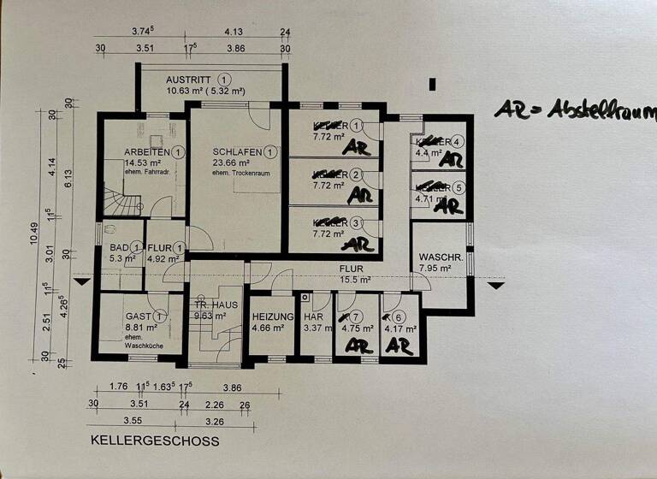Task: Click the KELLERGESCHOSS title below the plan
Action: (x=154, y=441)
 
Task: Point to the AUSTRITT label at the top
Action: (x=189, y=77)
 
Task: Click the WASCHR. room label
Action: (x=441, y=257)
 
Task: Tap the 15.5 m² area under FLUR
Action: (x=354, y=280)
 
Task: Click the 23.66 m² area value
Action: (x=230, y=163)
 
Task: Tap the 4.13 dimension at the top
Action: (x=234, y=32)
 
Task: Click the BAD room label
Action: (x=119, y=248)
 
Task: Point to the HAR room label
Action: (x=313, y=316)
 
